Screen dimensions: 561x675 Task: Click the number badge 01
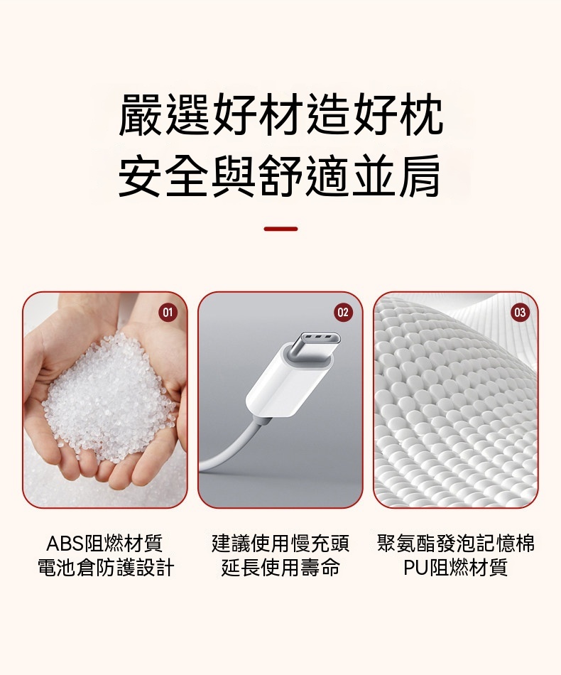pos(168,312)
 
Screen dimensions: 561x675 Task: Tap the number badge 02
pos(343,312)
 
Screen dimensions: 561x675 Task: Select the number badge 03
pos(520,312)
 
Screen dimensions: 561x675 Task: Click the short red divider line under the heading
pos(280,229)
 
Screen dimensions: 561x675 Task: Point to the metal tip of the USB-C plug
pos(312,346)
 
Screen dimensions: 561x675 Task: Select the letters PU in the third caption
pos(416,568)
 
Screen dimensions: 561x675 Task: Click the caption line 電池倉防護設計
pos(105,568)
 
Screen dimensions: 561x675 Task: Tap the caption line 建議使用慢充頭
pos(280,544)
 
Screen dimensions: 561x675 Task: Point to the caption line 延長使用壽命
pos(280,568)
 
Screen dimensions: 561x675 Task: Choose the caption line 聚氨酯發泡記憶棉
pos(456,544)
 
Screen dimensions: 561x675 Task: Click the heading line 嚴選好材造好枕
pos(280,114)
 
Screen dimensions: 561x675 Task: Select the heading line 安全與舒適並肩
pos(280,176)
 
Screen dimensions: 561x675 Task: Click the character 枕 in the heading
pos(420,114)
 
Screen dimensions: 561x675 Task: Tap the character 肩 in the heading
pos(420,176)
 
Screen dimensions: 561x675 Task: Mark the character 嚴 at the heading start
pos(141,114)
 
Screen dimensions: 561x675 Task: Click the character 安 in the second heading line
pos(141,176)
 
